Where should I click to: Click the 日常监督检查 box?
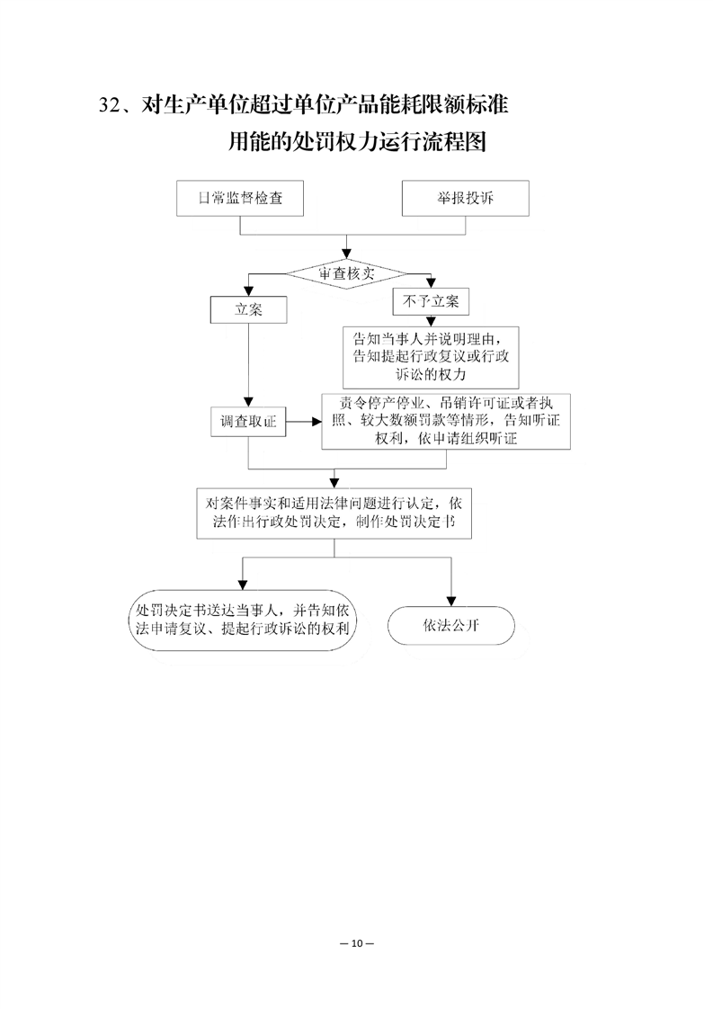tap(240, 198)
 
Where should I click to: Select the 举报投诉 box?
tap(465, 198)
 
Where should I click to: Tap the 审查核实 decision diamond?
tap(346, 273)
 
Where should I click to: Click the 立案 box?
tap(248, 309)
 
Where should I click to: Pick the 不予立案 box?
tap(431, 301)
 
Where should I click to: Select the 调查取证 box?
tap(248, 422)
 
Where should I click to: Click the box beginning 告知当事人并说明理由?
tap(431, 356)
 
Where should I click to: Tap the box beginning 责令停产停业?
tap(446, 422)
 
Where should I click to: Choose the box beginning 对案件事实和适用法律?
tap(334, 513)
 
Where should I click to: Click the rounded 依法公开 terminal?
tap(451, 625)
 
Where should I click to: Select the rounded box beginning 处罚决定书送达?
tap(243, 620)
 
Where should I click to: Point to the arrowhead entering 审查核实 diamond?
tap(347, 254)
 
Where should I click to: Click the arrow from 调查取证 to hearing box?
tap(304, 422)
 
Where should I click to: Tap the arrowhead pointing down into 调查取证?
tap(248, 402)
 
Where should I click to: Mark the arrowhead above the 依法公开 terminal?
tap(451, 601)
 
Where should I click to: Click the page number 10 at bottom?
tap(357, 943)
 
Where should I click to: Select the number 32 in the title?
tap(110, 105)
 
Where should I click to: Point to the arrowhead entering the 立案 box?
tap(248, 291)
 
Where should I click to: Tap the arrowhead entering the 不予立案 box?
tap(431, 283)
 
